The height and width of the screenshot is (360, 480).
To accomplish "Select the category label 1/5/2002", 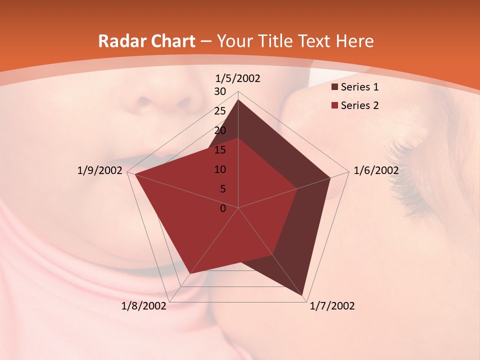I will coord(238,78).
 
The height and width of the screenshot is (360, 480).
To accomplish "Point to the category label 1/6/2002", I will coord(376,170).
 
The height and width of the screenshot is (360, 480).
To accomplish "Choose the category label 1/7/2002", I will coord(332,306).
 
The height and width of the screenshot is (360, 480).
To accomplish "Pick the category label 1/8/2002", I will coord(144,306).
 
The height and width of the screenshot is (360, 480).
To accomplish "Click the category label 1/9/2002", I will coord(100,170).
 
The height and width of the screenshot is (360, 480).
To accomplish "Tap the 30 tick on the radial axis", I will coord(220,91).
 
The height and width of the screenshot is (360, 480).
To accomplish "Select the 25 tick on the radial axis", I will coord(220,111).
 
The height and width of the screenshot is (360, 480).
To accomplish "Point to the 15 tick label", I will coord(220,150).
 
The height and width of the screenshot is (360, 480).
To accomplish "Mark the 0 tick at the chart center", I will coord(223,208).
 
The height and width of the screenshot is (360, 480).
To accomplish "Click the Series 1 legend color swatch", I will coord(334,87).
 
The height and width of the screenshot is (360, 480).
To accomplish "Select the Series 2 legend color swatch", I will coord(334,105).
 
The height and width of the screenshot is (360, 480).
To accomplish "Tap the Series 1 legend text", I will coord(359,87).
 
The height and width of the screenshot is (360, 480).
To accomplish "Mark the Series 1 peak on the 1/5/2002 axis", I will coord(238,99).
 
